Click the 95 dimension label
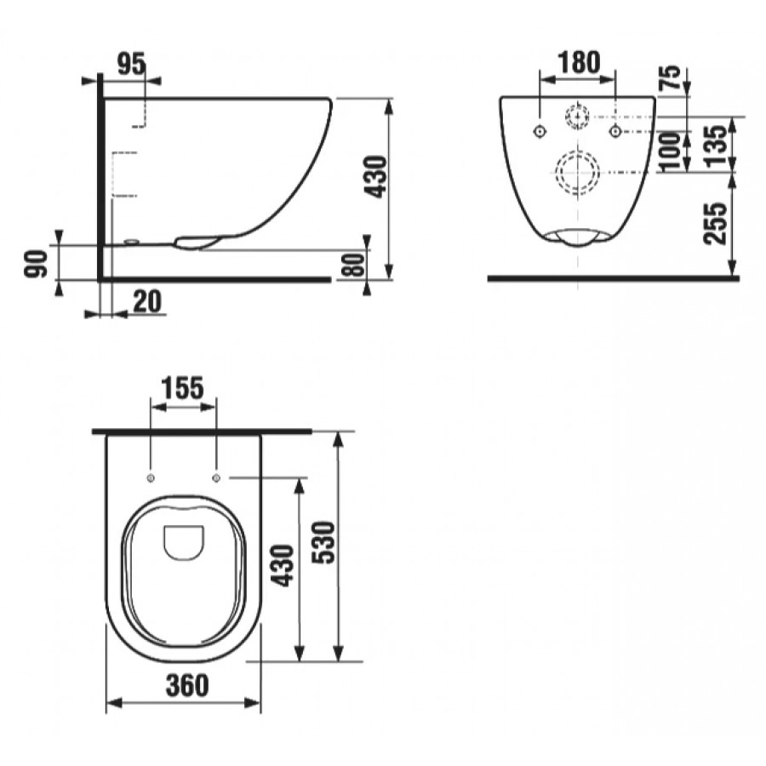pyautogui.click(x=132, y=64)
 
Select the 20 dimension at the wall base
pyautogui.click(x=146, y=301)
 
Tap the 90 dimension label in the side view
pyautogui.click(x=36, y=264)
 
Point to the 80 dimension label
pyautogui.click(x=355, y=265)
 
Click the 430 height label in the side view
pyautogui.click(x=377, y=176)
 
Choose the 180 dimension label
pyautogui.click(x=579, y=62)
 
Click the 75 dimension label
pyautogui.click(x=672, y=77)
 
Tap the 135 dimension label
pyautogui.click(x=717, y=146)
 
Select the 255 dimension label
pyautogui.click(x=716, y=224)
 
